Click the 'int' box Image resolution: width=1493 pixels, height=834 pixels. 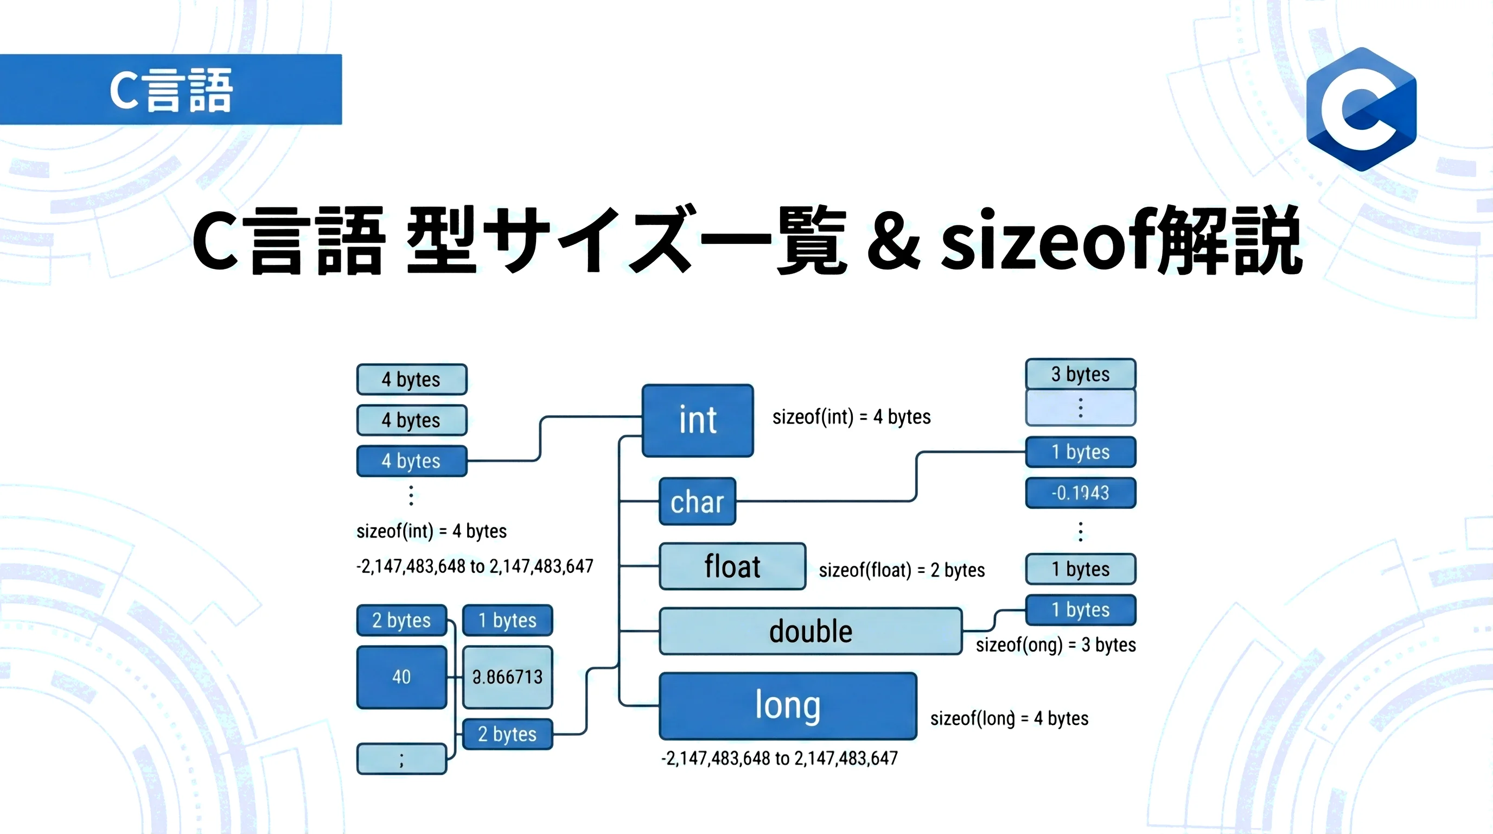(698, 420)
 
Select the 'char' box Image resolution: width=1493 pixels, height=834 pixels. (697, 502)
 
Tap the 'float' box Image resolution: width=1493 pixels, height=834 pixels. (732, 567)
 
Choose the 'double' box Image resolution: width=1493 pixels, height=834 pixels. (811, 631)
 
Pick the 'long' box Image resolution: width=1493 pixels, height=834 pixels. (788, 706)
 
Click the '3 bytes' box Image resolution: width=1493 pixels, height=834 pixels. (1080, 374)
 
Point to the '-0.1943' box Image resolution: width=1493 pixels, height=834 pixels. (1080, 493)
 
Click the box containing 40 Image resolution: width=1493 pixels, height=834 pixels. (401, 677)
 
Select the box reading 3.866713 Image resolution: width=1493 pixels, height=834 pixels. (508, 677)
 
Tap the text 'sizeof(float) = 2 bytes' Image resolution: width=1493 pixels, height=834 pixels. (901, 570)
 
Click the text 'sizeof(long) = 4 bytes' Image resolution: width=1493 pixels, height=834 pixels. (1009, 718)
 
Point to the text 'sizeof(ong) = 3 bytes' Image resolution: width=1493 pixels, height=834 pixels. (1055, 645)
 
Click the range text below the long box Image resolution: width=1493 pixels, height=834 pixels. (779, 758)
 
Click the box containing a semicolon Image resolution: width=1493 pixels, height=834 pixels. (401, 759)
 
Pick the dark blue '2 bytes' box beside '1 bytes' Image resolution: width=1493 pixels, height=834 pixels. (401, 621)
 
